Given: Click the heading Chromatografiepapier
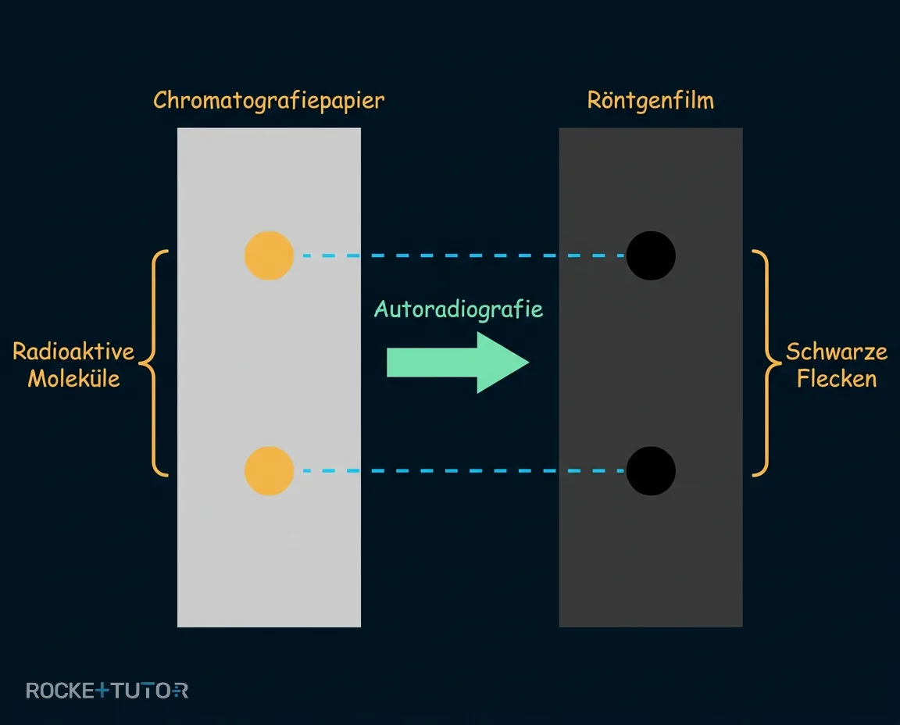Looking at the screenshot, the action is coord(269,101).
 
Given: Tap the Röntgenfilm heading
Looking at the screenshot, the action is coord(650,101).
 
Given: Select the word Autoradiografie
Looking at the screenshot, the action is coord(458,309).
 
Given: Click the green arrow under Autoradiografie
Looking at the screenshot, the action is coord(458,362).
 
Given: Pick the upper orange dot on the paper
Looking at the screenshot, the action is coord(270,255).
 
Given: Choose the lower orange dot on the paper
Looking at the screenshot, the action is coord(270,471).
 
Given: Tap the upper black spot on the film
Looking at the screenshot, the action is coord(651,255).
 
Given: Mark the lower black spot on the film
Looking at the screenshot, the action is coord(651,471).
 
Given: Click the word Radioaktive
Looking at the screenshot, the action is coord(73,352).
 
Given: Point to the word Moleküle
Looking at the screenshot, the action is coord(74,379).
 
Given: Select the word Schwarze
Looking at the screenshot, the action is coord(836,352).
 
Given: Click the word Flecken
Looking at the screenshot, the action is coord(837,379).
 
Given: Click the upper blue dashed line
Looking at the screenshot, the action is coord(463,255).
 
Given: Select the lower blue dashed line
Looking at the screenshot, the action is coord(463,471).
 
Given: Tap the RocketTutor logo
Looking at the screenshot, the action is coord(107,691).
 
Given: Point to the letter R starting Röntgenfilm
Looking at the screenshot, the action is coord(595,101).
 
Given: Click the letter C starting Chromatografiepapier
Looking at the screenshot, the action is coord(160,101).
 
